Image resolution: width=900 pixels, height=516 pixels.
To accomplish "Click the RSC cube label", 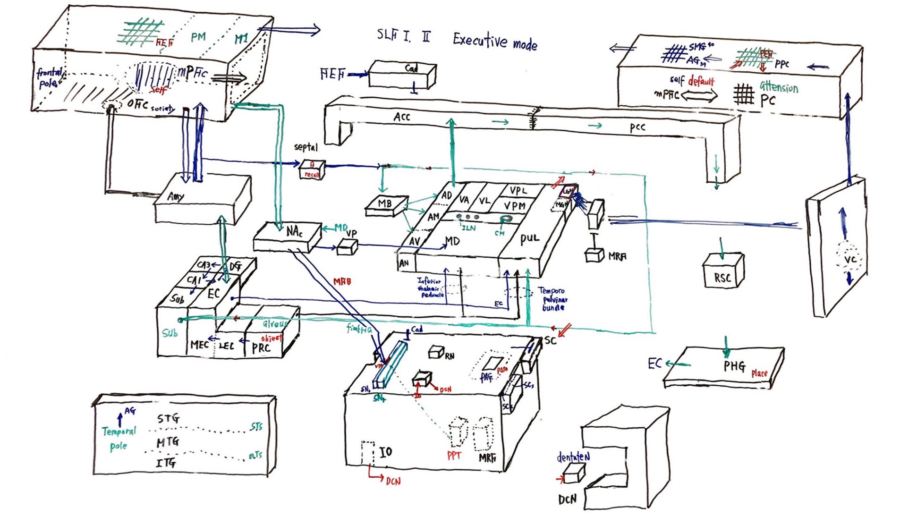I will (x=722, y=278).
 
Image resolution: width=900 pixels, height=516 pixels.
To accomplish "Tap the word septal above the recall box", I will (x=306, y=147).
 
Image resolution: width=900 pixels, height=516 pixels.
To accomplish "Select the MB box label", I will (x=385, y=204).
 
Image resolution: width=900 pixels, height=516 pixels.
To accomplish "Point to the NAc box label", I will (x=294, y=231).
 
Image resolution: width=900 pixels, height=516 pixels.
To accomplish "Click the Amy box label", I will (x=176, y=196).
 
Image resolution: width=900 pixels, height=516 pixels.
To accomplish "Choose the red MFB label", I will (x=342, y=282).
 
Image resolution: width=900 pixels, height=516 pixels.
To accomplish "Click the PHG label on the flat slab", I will (x=734, y=366).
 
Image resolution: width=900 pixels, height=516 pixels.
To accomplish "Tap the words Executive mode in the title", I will (x=495, y=42).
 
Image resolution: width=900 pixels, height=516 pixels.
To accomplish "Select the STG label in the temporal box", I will (x=168, y=418).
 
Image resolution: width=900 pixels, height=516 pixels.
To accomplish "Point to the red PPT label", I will (x=454, y=456).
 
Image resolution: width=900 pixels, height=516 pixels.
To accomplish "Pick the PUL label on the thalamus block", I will (x=529, y=239).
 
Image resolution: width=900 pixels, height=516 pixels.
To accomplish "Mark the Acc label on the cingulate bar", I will (x=402, y=117).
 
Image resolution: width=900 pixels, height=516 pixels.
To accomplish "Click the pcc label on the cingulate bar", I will (x=637, y=127).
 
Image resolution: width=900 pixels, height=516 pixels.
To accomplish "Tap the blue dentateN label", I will (x=573, y=457).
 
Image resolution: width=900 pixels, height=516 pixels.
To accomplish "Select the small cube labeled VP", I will (x=347, y=247).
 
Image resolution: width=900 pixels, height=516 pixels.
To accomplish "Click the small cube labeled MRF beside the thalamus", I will (x=594, y=256).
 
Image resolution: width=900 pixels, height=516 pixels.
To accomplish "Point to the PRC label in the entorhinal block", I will (x=261, y=348).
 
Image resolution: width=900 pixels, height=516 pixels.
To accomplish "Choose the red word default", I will (x=701, y=81).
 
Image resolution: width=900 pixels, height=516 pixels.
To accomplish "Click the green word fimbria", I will (x=359, y=329).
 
